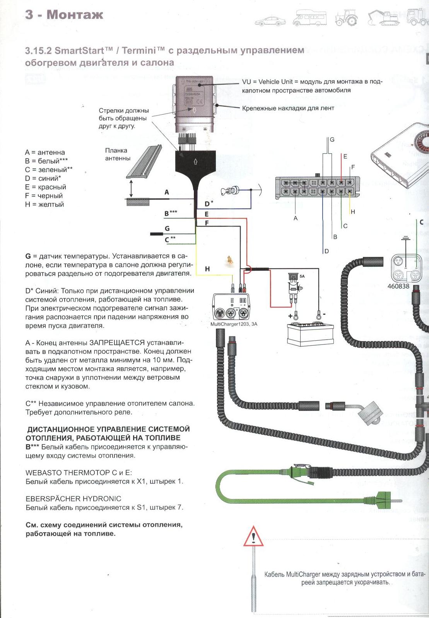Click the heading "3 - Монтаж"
(x=64, y=15)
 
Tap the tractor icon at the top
(x=346, y=18)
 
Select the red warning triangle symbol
(x=253, y=537)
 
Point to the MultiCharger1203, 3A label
(x=234, y=324)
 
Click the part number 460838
(x=398, y=286)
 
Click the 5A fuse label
(x=302, y=276)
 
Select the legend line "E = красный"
(x=46, y=187)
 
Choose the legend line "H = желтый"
(x=44, y=205)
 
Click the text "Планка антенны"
(x=118, y=154)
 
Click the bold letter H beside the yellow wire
(x=207, y=269)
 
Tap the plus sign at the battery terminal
(x=291, y=315)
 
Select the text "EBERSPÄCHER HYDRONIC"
(x=73, y=499)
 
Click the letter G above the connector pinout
(x=332, y=139)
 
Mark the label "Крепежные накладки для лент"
(x=288, y=108)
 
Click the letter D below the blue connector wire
(x=327, y=251)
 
